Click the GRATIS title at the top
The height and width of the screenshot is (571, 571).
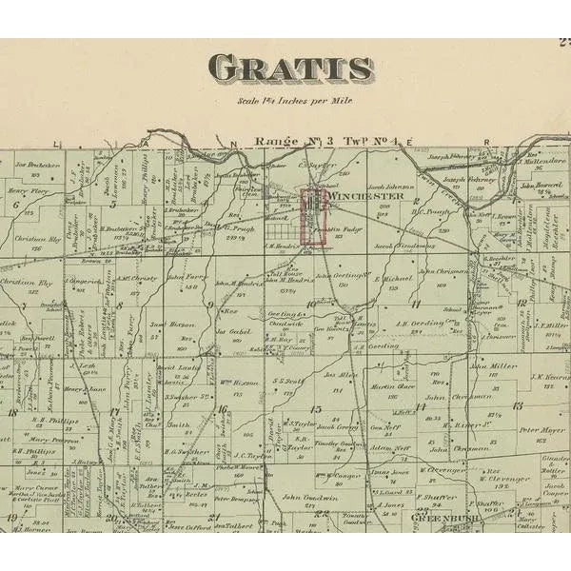coord(290,68)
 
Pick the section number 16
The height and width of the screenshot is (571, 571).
coord(222,409)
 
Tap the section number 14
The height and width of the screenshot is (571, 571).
coord(420,407)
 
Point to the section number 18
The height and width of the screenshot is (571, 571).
coord(11,411)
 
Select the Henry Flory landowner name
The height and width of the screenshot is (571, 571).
coord(27,190)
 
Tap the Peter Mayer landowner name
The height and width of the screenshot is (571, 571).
coord(535,430)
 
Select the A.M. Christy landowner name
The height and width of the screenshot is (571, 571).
coord(139,278)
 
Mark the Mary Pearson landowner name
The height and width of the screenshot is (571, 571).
coord(52,440)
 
